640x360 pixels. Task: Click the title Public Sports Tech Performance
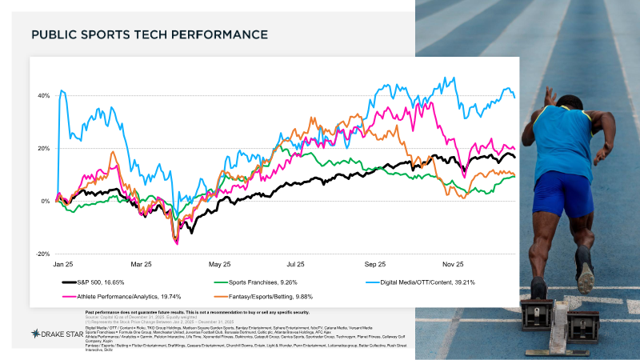[148, 35]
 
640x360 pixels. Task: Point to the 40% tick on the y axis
[43, 96]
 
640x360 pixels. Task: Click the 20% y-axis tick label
[43, 149]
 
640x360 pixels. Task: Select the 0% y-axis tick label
[45, 202]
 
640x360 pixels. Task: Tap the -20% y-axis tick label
[42, 254]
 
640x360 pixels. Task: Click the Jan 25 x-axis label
[65, 263]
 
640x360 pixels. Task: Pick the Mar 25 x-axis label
[142, 263]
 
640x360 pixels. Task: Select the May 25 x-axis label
[219, 263]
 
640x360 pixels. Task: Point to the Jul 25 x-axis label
[296, 263]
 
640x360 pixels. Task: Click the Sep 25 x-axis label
[374, 263]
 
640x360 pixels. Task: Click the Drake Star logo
[54, 332]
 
